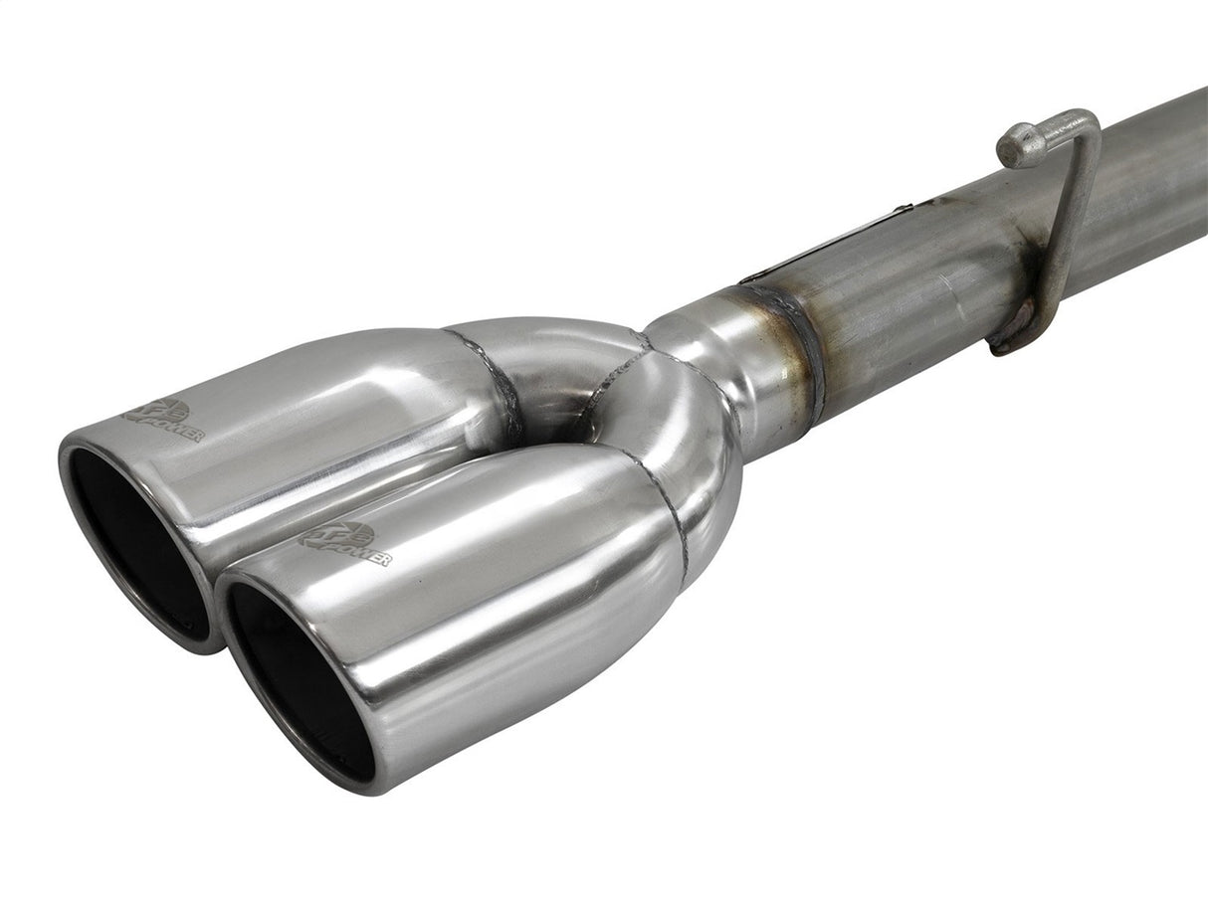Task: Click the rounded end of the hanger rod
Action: click(1013, 146)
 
